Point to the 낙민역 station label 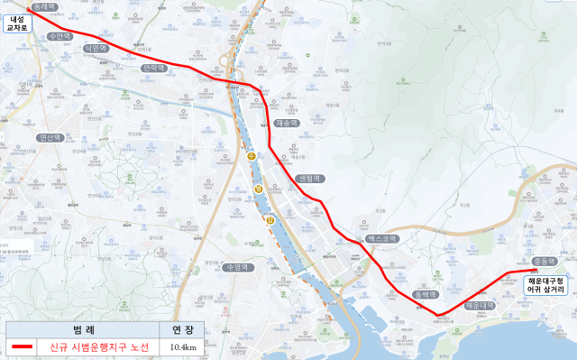click(95, 49)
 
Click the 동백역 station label click(425, 295)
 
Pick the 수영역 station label click(237, 268)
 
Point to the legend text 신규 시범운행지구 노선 click(99, 346)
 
